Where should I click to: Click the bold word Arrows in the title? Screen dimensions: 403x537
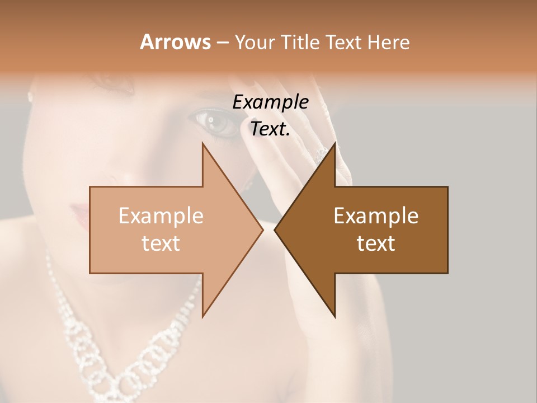tap(175, 42)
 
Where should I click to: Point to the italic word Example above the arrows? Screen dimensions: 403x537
tap(271, 102)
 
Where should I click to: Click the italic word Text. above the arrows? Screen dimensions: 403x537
tap(271, 129)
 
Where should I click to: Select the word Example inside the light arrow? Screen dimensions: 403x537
tap(161, 215)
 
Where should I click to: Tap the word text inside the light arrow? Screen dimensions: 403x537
tap(161, 243)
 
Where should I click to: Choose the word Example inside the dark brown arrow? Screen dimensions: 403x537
tap(376, 215)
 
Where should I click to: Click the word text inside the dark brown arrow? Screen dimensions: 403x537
tap(376, 243)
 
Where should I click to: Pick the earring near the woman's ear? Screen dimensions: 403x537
tap(30, 96)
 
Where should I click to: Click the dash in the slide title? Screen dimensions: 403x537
tap(222, 43)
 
